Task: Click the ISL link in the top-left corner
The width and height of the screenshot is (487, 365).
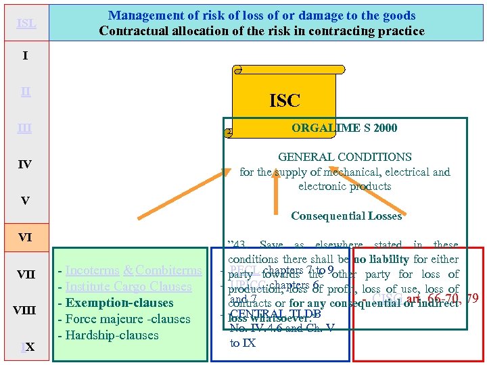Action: pyautogui.click(x=25, y=23)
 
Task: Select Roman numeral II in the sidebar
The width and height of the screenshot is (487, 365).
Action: pyautogui.click(x=25, y=92)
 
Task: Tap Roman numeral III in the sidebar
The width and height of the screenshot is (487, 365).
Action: pyautogui.click(x=25, y=128)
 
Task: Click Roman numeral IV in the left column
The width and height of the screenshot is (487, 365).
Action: pyautogui.click(x=25, y=164)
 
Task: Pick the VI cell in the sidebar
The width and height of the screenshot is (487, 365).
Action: pyautogui.click(x=25, y=237)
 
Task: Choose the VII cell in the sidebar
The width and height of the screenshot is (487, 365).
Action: pyautogui.click(x=25, y=274)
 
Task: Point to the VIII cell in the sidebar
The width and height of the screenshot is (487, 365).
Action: pyautogui.click(x=25, y=311)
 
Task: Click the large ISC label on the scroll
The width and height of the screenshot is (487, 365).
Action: pyautogui.click(x=284, y=101)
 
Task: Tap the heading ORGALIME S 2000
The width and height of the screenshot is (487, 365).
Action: pyautogui.click(x=344, y=128)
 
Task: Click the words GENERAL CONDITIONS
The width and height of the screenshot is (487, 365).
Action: pyautogui.click(x=344, y=157)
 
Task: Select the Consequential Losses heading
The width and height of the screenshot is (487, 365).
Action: pyautogui.click(x=346, y=216)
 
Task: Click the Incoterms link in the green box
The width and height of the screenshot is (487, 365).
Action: pyautogui.click(x=93, y=270)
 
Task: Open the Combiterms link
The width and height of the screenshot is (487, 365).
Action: pyautogui.click(x=168, y=270)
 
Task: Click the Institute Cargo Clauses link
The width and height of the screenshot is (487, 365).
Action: pyautogui.click(x=129, y=287)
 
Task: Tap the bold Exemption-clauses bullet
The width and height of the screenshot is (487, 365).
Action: pyautogui.click(x=119, y=303)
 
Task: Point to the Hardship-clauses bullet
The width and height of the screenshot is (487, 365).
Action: pyautogui.click(x=112, y=335)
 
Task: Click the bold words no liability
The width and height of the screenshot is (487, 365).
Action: pyautogui.click(x=379, y=260)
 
